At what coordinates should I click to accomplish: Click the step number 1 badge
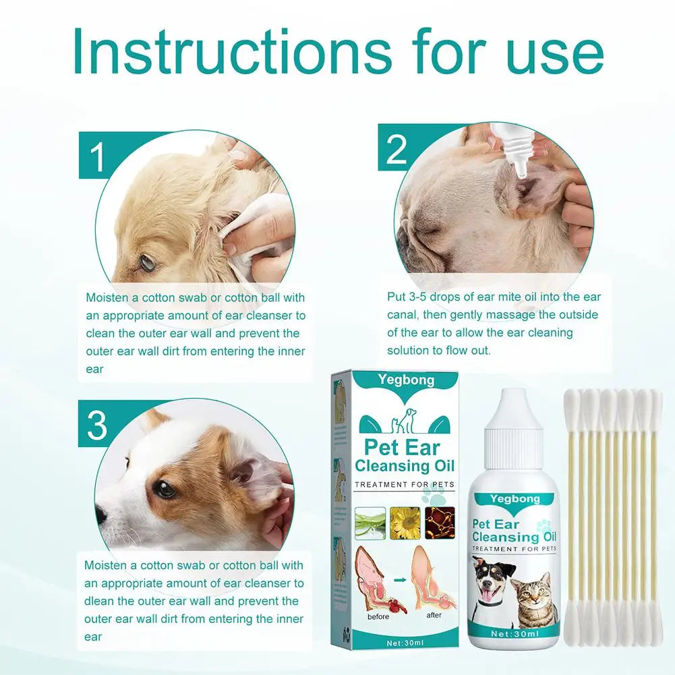coord(98,156)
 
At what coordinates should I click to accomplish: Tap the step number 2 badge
coord(397,149)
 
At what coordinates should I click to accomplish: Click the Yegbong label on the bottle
coord(515,499)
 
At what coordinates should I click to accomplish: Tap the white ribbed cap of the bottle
coord(515,431)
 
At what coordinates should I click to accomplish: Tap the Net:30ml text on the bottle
coord(515,633)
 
